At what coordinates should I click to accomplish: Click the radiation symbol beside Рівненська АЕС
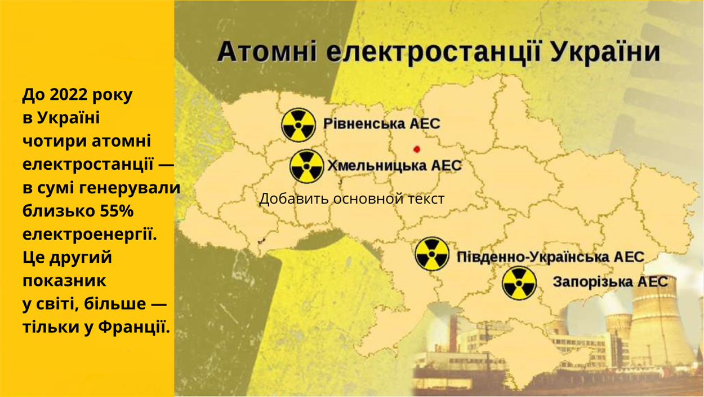pyautogui.click(x=298, y=125)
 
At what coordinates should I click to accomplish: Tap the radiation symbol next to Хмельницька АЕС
pyautogui.click(x=306, y=166)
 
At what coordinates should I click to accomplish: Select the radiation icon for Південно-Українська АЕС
pyautogui.click(x=432, y=254)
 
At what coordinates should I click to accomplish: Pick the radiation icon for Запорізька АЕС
pyautogui.click(x=519, y=283)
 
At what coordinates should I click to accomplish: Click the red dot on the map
pyautogui.click(x=417, y=149)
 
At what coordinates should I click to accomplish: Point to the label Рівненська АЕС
pyautogui.click(x=382, y=123)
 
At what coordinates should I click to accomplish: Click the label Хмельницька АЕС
pyautogui.click(x=394, y=165)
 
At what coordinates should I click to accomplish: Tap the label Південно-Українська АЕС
pyautogui.click(x=550, y=257)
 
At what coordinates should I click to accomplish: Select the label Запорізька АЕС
pyautogui.click(x=611, y=281)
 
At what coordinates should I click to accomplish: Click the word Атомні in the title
pyautogui.click(x=267, y=52)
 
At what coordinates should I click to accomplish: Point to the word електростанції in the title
pyautogui.click(x=434, y=52)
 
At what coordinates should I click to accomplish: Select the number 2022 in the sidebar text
pyautogui.click(x=69, y=94)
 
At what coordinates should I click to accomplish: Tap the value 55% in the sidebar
pyautogui.click(x=117, y=211)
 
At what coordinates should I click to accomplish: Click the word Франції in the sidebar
pyautogui.click(x=134, y=327)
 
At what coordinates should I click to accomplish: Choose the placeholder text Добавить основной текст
pyautogui.click(x=351, y=199)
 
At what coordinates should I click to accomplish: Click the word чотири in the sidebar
pyautogui.click(x=55, y=141)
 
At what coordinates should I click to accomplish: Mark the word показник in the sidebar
pyautogui.click(x=64, y=281)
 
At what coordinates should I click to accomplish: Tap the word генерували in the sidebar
pyautogui.click(x=130, y=188)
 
